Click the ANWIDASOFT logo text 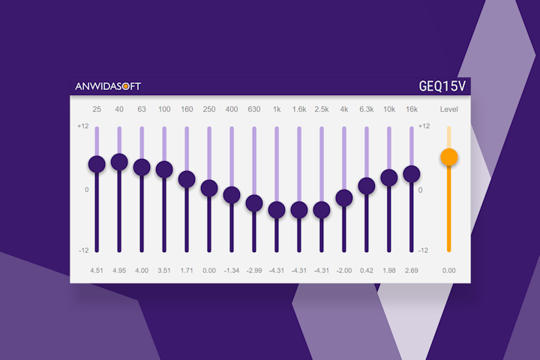(108, 86)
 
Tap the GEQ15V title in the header (442, 86)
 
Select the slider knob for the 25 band (97, 164)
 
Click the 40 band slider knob (119, 161)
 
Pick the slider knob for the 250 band (209, 187)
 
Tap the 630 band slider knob (254, 203)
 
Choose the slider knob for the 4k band (344, 198)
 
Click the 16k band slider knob (412, 174)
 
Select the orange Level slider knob (449, 157)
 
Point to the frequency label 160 (187, 109)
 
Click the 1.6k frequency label (299, 109)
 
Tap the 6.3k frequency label (367, 109)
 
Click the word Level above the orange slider (449, 109)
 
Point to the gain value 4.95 (119, 270)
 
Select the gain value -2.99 (253, 270)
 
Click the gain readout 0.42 (367, 270)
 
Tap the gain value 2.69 (412, 270)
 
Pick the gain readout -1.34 (231, 270)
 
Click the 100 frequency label (164, 109)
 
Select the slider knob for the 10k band (389, 178)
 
